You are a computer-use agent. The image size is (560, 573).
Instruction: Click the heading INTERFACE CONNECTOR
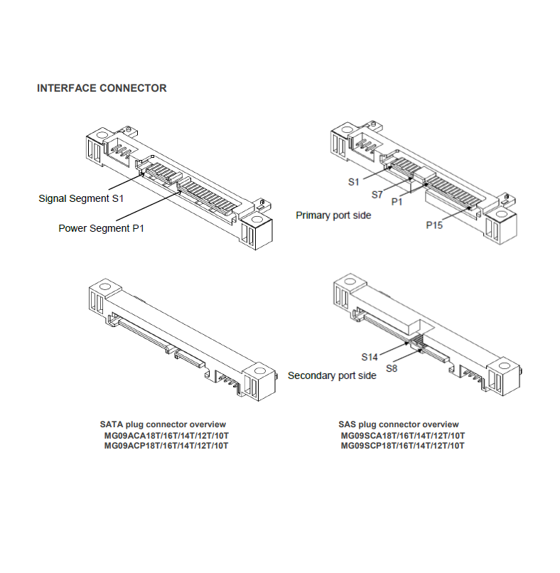[102, 89]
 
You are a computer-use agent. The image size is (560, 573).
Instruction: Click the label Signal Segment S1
[81, 198]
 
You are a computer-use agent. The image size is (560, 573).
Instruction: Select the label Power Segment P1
[102, 229]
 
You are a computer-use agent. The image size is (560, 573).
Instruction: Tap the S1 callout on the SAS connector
[354, 182]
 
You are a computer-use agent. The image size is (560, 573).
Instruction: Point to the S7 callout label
[377, 193]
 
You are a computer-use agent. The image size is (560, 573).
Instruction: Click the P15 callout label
[435, 225]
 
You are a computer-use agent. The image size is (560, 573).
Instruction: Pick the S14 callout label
[369, 356]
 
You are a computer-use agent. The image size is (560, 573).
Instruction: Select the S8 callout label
[392, 368]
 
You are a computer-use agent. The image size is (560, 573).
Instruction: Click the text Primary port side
[333, 215]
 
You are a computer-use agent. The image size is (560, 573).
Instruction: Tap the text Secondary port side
[332, 375]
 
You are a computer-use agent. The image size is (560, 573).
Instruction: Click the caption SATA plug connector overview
[163, 424]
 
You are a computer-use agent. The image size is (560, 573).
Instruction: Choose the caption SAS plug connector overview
[399, 424]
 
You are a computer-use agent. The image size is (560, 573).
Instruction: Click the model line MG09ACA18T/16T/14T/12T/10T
[166, 435]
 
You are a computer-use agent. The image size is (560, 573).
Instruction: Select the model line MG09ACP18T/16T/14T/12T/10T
[166, 446]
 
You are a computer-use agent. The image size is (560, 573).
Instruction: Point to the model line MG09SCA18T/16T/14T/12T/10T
[402, 435]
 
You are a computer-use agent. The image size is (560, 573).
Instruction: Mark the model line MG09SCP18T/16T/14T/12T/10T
[402, 446]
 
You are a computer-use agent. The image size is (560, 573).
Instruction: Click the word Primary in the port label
[313, 215]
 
